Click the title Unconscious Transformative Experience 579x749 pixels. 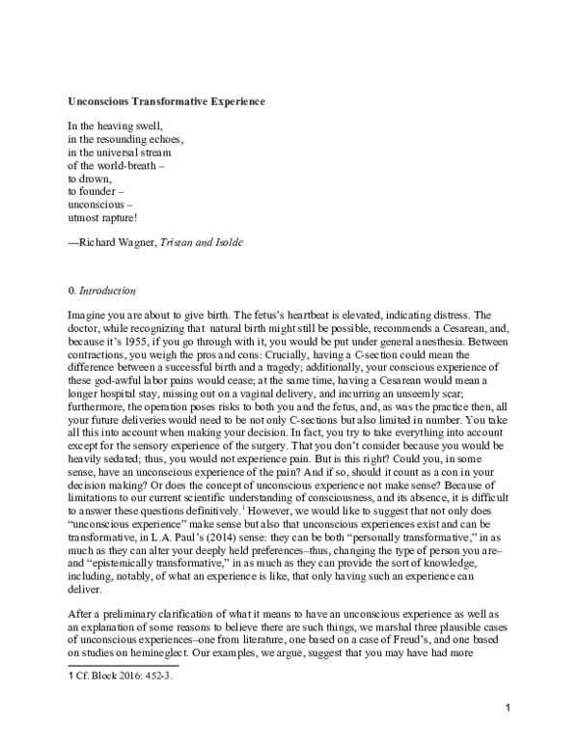[x=166, y=101]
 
